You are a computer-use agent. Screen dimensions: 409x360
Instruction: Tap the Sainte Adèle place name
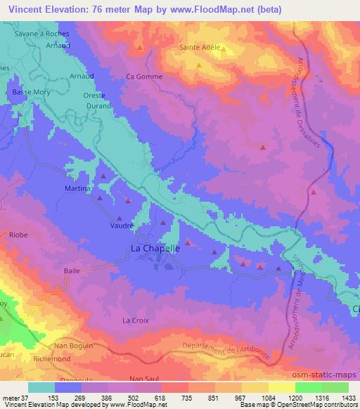[x=200, y=48]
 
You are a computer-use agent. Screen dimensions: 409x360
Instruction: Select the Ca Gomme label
[x=143, y=77]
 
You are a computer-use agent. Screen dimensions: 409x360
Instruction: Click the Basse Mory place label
[x=28, y=92]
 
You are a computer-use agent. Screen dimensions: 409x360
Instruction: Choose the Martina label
[x=78, y=189]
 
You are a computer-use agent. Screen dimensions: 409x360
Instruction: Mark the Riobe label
[x=18, y=237]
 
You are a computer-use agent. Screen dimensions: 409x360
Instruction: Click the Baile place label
[x=72, y=270]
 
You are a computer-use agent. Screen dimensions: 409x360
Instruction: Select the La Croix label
[x=135, y=320]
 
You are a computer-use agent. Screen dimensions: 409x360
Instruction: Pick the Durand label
[x=99, y=105]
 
